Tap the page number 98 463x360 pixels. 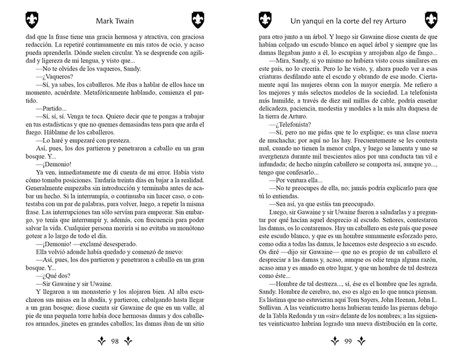(114, 342)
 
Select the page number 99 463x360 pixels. (348, 342)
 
